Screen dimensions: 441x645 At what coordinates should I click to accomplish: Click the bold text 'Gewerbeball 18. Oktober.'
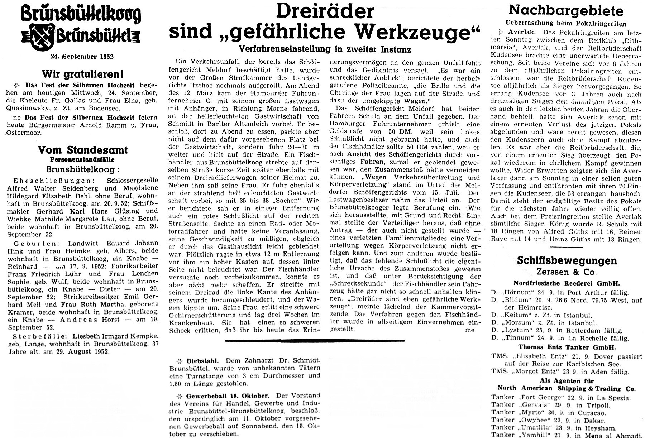pos(228,396)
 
